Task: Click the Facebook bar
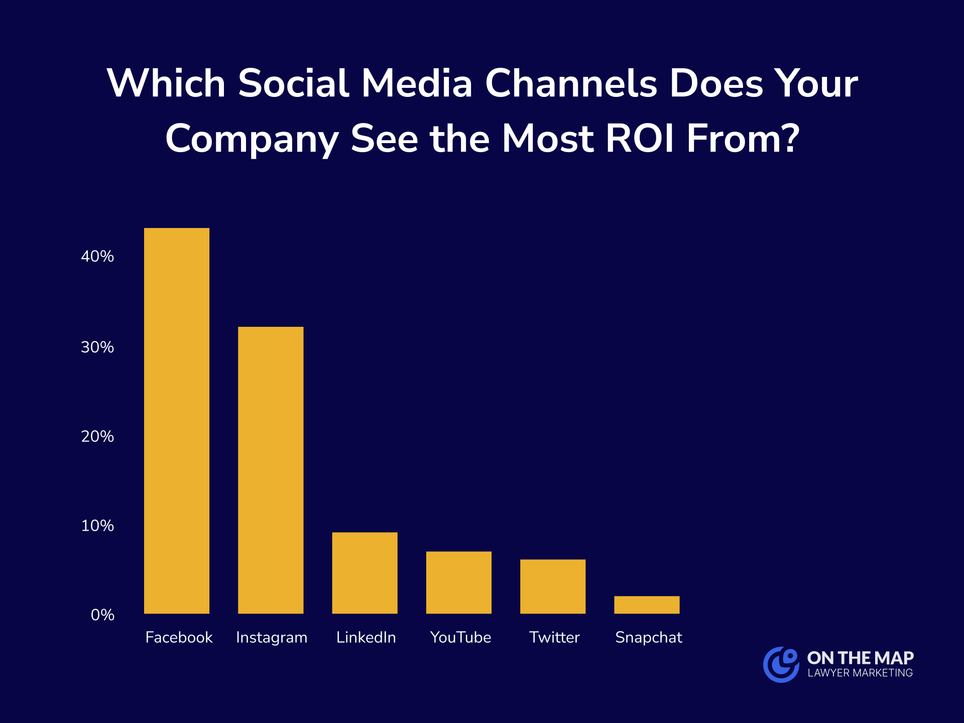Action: (177, 421)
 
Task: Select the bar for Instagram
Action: (271, 470)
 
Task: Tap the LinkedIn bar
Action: (365, 573)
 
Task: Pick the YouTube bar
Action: (459, 582)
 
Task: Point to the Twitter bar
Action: (553, 586)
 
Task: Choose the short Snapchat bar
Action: (647, 605)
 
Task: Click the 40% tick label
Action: (97, 257)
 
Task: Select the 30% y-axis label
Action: (97, 347)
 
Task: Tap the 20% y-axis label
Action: (97, 436)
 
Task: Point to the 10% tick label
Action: (97, 526)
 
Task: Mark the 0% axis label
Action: (102, 615)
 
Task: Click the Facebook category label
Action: (179, 638)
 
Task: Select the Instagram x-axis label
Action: (272, 638)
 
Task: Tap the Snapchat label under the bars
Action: (649, 638)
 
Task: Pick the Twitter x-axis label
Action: (554, 638)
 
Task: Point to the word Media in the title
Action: (417, 83)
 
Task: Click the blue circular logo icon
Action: (781, 664)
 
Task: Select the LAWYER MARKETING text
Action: (860, 673)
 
